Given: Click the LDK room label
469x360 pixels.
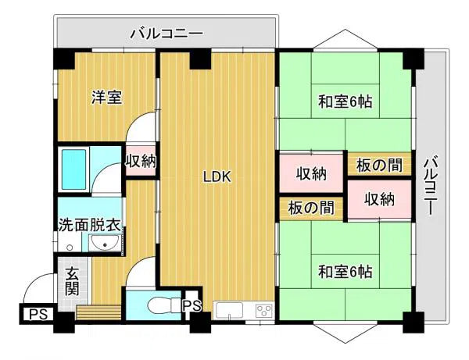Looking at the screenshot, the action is pos(217,177).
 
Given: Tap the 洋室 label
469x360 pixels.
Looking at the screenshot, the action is pos(107,98).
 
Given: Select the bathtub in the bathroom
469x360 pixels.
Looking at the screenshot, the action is pos(74,169).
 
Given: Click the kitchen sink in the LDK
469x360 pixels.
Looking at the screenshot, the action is pos(229,311).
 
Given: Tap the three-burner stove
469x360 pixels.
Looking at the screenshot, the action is pos(264,311).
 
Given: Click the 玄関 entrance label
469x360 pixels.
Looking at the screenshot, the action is pos(72,281).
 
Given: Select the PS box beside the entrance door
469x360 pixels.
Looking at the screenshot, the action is pos(37,314).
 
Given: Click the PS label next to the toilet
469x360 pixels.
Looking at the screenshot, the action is pos(192,306).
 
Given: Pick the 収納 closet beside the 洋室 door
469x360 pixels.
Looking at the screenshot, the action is pos(141,162).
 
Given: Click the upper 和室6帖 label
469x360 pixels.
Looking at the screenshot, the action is pos(345,102).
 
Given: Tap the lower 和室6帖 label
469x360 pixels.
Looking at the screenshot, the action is pos(345,272).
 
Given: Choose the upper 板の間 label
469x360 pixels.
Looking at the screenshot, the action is pos(379,165).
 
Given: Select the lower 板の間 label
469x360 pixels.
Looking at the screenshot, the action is pos(311,208).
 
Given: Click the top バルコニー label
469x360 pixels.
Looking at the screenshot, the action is pos(166,33).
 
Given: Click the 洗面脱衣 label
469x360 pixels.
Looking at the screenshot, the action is pos(89,225).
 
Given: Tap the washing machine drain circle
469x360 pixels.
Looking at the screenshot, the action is pos(70,248).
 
